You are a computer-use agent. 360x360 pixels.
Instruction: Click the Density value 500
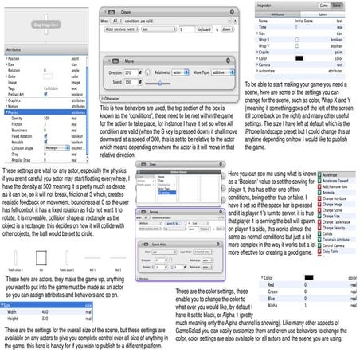point(49,118)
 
